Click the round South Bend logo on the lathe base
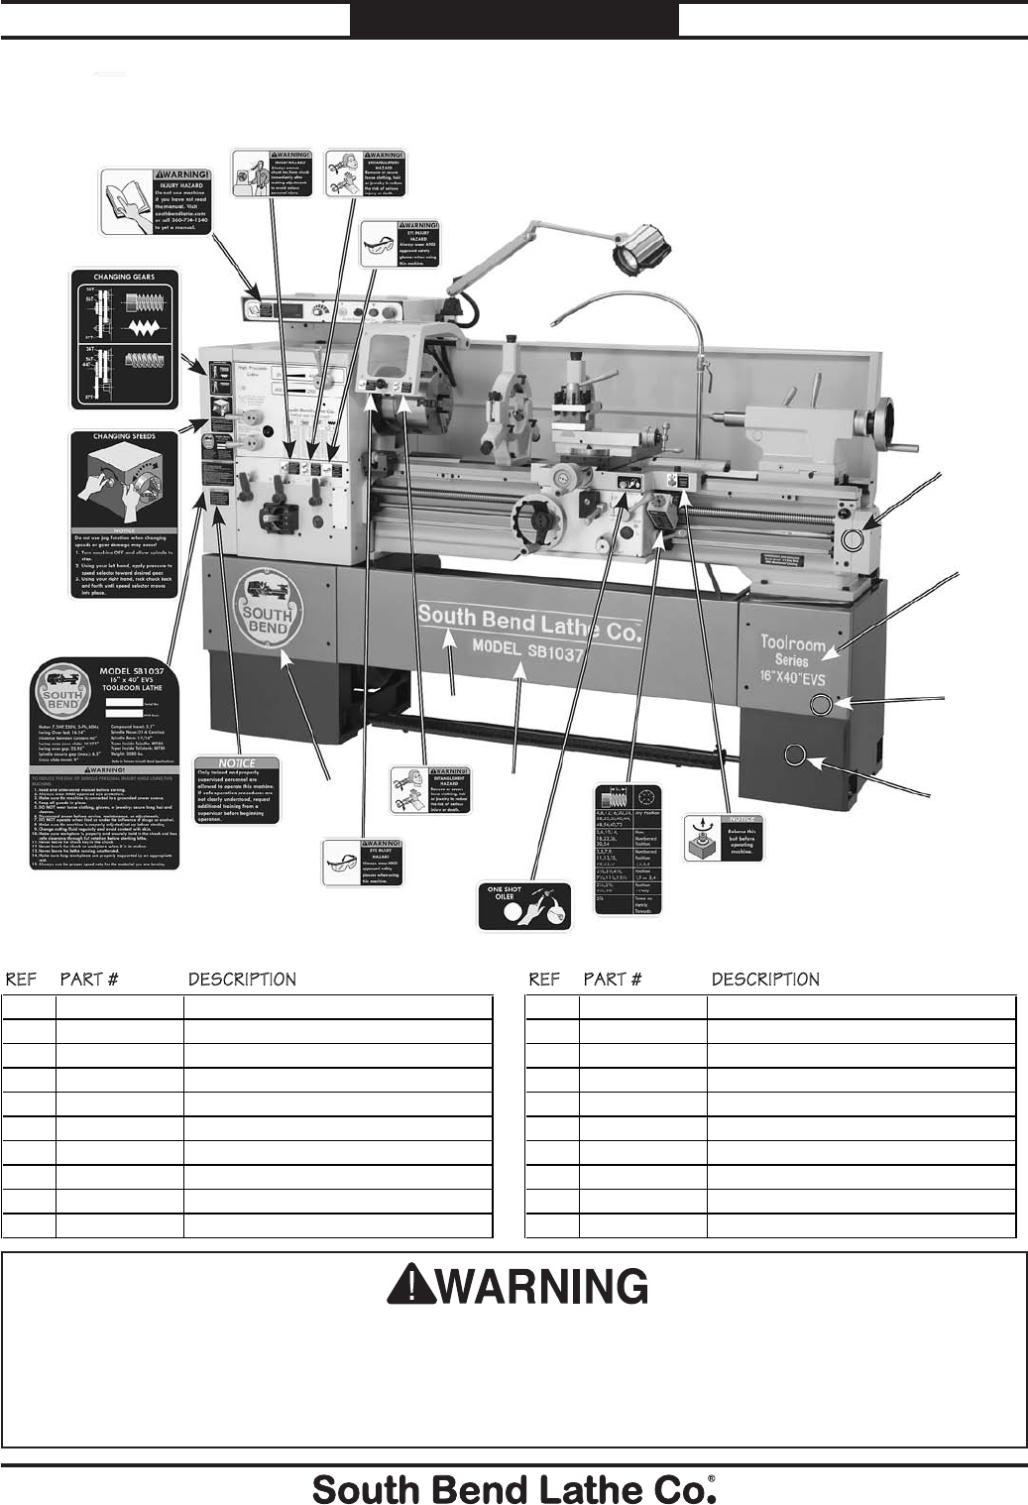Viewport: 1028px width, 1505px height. [267, 606]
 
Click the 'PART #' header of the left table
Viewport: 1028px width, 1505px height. [89, 980]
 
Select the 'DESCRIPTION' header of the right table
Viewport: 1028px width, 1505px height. [765, 980]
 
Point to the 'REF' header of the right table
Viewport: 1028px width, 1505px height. [545, 980]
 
